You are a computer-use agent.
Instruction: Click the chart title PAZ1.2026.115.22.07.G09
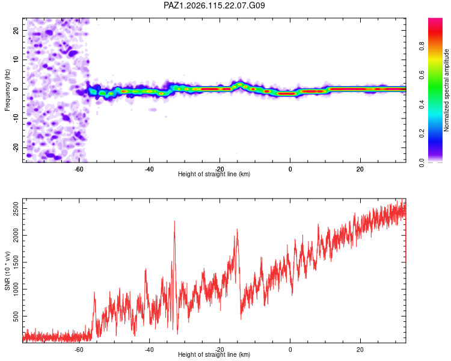click(x=214, y=5)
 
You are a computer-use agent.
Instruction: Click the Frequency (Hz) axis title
click(x=7, y=90)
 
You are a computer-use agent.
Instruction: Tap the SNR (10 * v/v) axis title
click(x=7, y=271)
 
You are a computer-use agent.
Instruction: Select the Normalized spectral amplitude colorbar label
click(x=446, y=90)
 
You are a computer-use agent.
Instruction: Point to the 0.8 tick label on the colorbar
click(x=422, y=46)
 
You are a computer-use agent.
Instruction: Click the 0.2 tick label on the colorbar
click(x=422, y=134)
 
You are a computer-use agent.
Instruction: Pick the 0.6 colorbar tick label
click(x=422, y=75)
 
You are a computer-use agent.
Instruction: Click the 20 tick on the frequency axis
click(x=16, y=31)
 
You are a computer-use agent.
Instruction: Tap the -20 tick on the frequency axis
click(x=16, y=147)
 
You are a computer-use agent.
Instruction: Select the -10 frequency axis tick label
click(x=16, y=119)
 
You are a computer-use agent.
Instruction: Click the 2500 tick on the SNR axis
click(x=16, y=208)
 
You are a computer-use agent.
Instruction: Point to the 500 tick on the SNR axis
click(x=16, y=316)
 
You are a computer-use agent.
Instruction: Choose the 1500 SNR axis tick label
click(x=16, y=262)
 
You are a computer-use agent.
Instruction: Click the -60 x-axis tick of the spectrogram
click(x=79, y=169)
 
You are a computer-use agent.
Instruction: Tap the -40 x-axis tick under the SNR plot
click(x=149, y=350)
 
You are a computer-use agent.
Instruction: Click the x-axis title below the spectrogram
click(x=214, y=174)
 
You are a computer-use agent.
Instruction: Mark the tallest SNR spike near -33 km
click(x=174, y=221)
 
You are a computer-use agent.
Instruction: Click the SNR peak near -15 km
click(x=237, y=230)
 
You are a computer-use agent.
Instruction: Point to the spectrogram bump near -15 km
click(x=240, y=84)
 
